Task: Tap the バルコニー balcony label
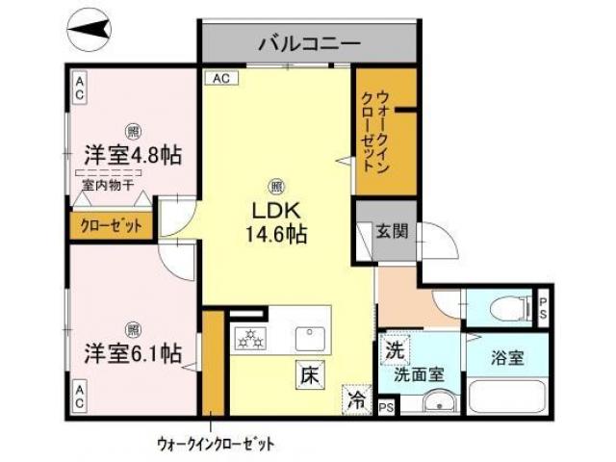pyautogui.click(x=308, y=44)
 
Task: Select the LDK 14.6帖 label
pyautogui.click(x=279, y=221)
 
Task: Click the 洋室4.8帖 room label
pyautogui.click(x=134, y=154)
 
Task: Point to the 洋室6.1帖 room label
pyautogui.click(x=132, y=352)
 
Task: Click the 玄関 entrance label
pyautogui.click(x=390, y=231)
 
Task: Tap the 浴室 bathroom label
pyautogui.click(x=506, y=358)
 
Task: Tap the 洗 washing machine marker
pyautogui.click(x=395, y=349)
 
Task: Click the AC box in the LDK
pyautogui.click(x=220, y=79)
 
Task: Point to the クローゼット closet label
pyautogui.click(x=110, y=226)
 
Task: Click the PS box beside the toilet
pyautogui.click(x=542, y=307)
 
